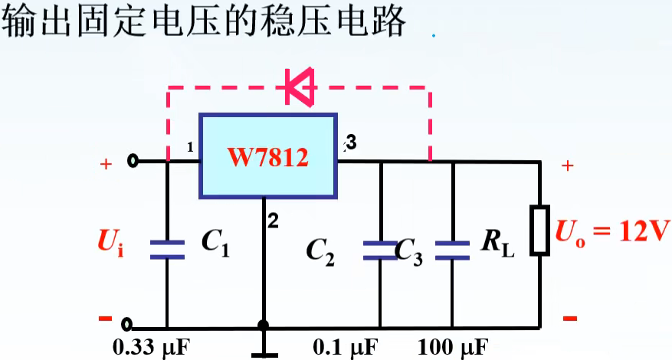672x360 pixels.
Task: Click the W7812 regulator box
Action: [x=268, y=156]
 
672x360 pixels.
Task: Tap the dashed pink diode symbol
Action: [x=300, y=87]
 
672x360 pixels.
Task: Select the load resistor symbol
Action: [x=540, y=230]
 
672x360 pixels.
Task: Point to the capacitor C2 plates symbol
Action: [x=379, y=248]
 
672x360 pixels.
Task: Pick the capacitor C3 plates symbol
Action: [x=451, y=248]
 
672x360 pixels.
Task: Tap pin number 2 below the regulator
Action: [x=273, y=221]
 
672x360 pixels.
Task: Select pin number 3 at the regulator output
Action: [x=351, y=142]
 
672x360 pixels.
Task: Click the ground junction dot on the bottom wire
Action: [x=263, y=326]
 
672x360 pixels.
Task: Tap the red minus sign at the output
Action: [x=569, y=317]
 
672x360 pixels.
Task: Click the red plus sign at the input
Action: [x=105, y=164]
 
